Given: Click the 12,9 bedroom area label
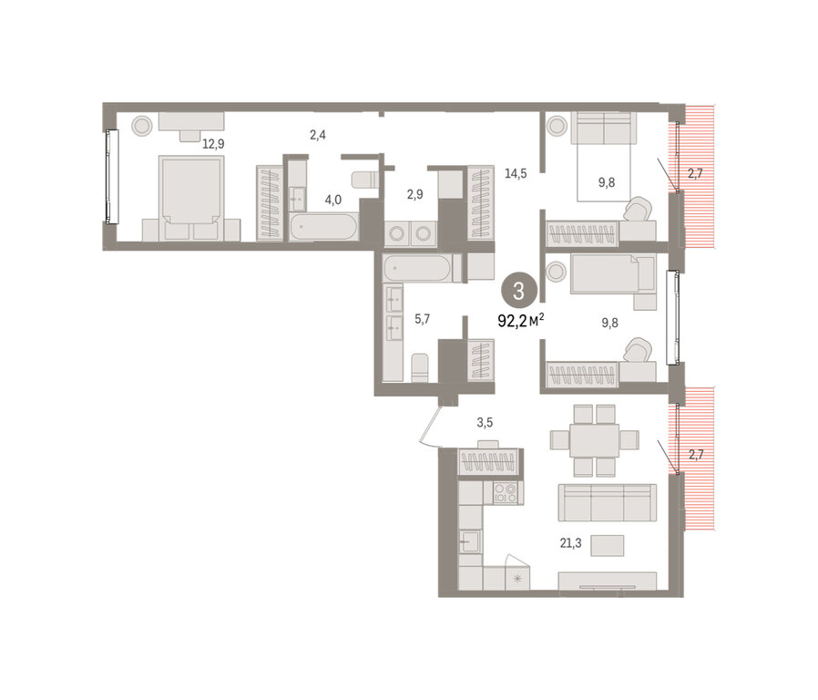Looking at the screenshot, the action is click(213, 144).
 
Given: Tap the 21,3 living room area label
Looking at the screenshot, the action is click(571, 543).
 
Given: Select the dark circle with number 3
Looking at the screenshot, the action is click(518, 290).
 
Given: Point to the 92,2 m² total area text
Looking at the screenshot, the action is click(521, 321).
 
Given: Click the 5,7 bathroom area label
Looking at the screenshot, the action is click(422, 319).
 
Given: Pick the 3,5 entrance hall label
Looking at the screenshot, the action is click(485, 423).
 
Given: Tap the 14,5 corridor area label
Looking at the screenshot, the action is click(516, 174).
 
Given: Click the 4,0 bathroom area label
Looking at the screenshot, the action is click(332, 200).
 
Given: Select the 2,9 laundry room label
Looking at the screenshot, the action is click(414, 195).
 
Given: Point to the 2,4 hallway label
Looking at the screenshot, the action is click(318, 135).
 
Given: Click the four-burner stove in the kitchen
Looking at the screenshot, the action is click(505, 493).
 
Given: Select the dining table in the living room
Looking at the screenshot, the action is click(594, 440).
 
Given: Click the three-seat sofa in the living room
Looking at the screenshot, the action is click(608, 502).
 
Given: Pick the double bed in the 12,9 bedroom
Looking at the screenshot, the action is click(191, 199).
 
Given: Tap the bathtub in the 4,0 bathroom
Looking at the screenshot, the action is click(323, 227).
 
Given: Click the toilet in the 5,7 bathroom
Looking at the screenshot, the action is click(419, 367).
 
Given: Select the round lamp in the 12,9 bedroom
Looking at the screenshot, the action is click(142, 126).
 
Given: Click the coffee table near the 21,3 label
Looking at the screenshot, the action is click(608, 545).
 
